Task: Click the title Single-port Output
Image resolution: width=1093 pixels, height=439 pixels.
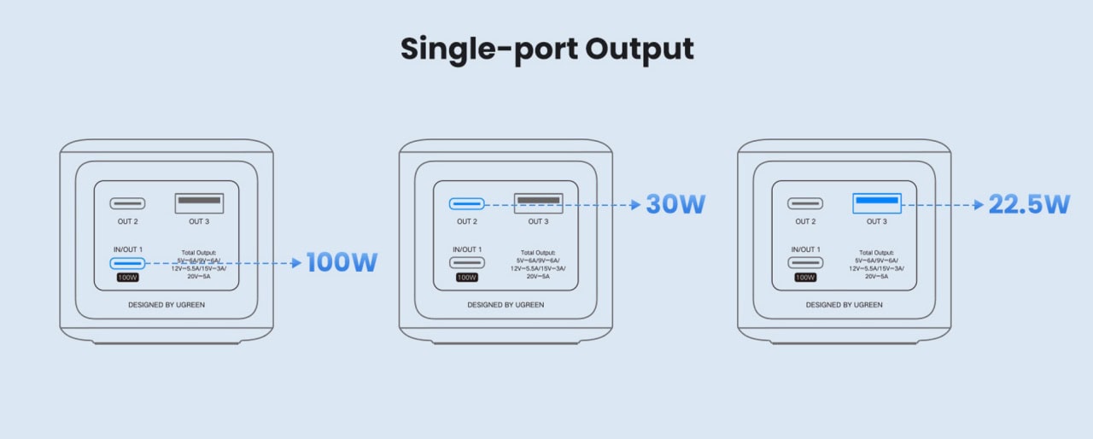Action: [x=546, y=50]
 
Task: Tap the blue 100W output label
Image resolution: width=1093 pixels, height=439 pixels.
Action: [x=342, y=262]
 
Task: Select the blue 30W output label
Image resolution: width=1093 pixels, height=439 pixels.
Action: [x=675, y=204]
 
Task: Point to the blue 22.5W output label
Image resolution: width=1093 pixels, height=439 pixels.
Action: [x=1029, y=204]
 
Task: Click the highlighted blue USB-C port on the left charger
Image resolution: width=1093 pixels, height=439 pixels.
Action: [x=127, y=262]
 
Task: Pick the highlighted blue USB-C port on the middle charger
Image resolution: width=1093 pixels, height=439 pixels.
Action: [x=466, y=204]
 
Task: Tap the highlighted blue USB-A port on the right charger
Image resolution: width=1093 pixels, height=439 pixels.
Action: [x=876, y=203]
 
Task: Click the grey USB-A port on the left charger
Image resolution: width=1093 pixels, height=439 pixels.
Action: [x=199, y=203]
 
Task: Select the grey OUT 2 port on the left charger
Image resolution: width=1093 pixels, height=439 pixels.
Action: [x=127, y=203]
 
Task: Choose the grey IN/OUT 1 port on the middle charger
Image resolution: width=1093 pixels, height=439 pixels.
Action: [x=466, y=262]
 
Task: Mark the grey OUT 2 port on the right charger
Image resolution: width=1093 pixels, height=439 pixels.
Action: [x=805, y=203]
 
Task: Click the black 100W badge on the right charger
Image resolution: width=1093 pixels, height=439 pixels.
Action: [x=805, y=277]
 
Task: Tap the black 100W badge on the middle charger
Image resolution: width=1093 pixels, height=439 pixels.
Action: [x=466, y=277]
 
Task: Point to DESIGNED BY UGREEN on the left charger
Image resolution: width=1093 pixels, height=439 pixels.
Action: [x=167, y=304]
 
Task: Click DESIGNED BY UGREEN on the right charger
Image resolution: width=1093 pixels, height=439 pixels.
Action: [x=844, y=304]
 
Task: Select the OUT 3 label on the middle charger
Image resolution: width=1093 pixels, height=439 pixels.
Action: [x=538, y=222]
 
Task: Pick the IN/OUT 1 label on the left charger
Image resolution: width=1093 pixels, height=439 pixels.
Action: [x=127, y=249]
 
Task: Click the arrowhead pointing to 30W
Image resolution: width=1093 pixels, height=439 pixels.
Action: [x=634, y=205]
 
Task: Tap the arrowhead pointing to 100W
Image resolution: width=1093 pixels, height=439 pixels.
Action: [x=296, y=263]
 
